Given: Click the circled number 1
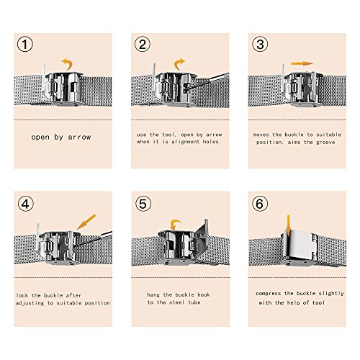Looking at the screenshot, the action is [x=25, y=44].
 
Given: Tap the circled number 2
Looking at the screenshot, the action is [x=143, y=44].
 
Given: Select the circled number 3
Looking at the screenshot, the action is [x=260, y=44].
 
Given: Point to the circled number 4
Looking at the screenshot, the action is [x=26, y=204].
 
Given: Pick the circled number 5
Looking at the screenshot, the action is [x=143, y=204].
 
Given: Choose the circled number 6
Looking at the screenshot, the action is [x=260, y=204].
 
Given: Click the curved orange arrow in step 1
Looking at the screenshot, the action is [x=68, y=63].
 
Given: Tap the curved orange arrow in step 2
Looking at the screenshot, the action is [x=178, y=63].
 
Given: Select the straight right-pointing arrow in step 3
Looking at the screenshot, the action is [x=302, y=63].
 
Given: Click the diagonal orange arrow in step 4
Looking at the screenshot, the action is [x=86, y=222].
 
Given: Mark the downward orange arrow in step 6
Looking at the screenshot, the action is [x=289, y=225].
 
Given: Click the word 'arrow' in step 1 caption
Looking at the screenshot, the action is [x=79, y=137].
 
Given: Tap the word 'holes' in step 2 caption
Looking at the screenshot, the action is [x=211, y=142].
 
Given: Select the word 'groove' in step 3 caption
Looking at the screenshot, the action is [x=325, y=143].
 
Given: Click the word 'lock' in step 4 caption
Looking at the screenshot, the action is [x=22, y=295].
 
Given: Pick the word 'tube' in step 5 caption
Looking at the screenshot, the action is [x=194, y=302].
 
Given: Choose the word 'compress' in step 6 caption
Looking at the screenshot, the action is [x=268, y=293].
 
